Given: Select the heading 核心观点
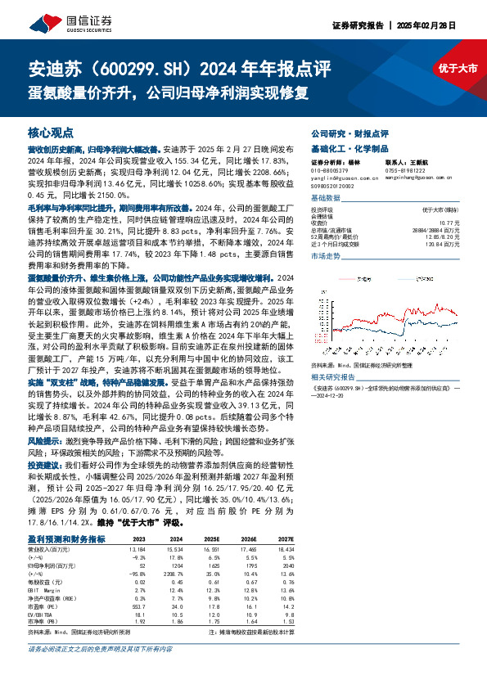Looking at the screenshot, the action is [51, 132].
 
